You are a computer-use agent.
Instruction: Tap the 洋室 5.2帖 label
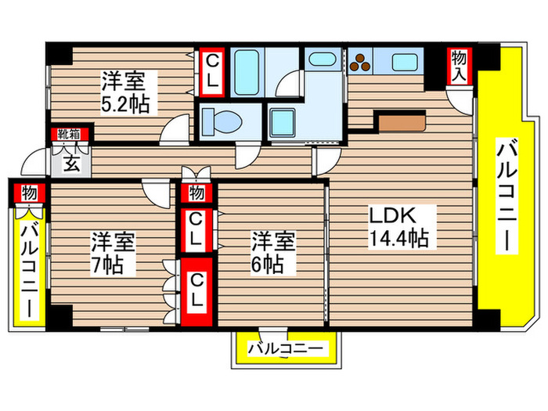pyautogui.click(x=124, y=92)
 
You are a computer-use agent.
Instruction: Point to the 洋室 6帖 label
pyautogui.click(x=272, y=252)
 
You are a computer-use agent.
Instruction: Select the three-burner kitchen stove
pyautogui.click(x=361, y=63)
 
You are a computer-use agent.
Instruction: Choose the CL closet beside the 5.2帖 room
pyautogui.click(x=211, y=70)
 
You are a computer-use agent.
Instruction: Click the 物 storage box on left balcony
pyautogui.click(x=28, y=193)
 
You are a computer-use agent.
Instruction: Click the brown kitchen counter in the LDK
pyautogui.click(x=400, y=122)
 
